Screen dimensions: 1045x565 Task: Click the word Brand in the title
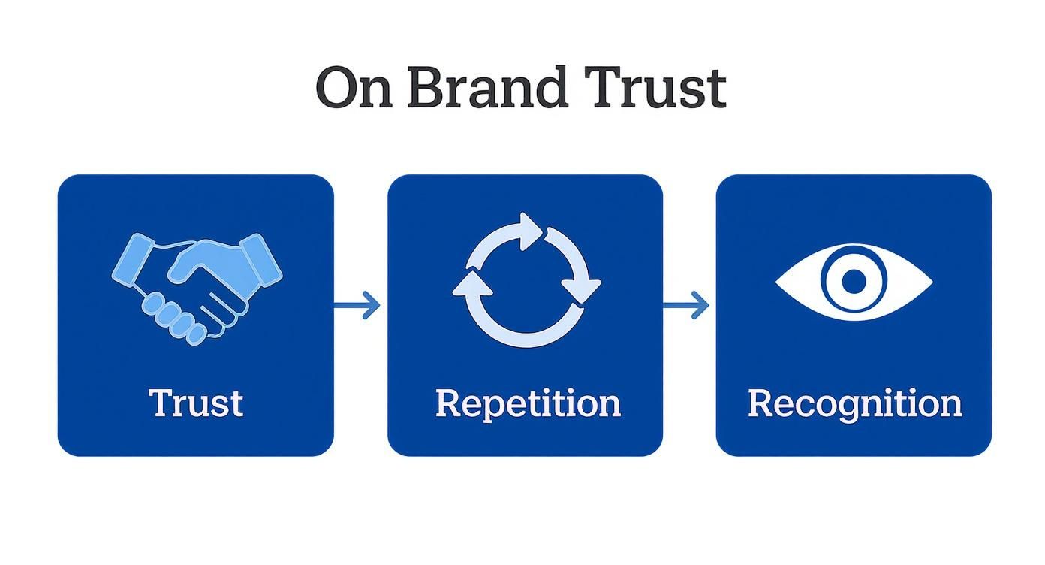[487, 87]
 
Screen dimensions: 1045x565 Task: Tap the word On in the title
[354, 88]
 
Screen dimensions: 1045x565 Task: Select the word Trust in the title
[655, 87]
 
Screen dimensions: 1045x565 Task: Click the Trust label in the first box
[196, 403]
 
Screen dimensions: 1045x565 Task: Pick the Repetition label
[528, 404]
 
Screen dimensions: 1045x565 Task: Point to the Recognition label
[854, 404]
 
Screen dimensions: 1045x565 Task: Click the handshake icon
[197, 289]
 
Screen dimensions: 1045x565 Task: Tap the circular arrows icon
[527, 280]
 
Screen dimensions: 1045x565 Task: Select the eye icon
[854, 282]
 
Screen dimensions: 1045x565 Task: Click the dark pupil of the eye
[854, 282]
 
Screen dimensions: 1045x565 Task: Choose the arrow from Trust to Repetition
[357, 305]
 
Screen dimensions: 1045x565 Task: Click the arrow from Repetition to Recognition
[686, 305]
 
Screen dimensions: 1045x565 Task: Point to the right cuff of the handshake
[261, 260]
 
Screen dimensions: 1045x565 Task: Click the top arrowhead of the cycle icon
[531, 231]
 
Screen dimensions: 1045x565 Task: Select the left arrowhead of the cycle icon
[472, 284]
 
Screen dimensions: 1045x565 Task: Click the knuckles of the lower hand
[174, 319]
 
